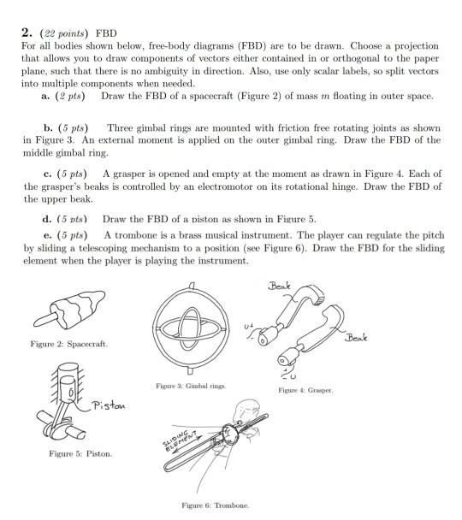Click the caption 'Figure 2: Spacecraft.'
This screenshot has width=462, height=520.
click(x=69, y=344)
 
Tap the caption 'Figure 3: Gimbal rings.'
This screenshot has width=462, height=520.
click(x=191, y=386)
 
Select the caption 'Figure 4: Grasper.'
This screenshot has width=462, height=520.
click(x=305, y=390)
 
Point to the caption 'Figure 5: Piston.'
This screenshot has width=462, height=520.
click(x=80, y=453)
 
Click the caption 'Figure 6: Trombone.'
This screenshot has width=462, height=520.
click(x=216, y=505)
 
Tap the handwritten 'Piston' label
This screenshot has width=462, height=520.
click(x=109, y=405)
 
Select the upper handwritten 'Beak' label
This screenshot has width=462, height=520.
click(x=279, y=286)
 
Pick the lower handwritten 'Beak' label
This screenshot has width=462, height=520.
click(x=356, y=338)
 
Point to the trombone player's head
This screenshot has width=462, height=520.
click(x=247, y=411)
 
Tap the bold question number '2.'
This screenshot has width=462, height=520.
click(x=27, y=32)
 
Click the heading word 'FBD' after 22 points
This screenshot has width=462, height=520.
click(x=106, y=33)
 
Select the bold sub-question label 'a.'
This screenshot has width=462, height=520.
click(x=45, y=96)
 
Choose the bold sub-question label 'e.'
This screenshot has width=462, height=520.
click(x=47, y=235)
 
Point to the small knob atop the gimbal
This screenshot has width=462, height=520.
click(x=192, y=286)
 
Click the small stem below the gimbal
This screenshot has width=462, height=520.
click(x=190, y=370)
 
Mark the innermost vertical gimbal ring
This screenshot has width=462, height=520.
click(x=179, y=328)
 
